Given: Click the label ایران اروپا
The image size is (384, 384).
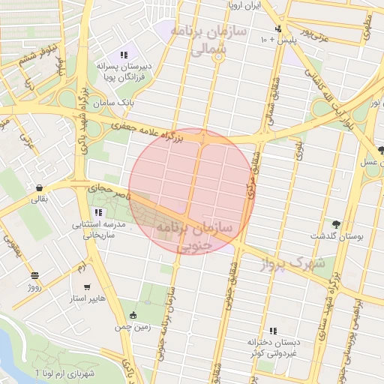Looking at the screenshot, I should [243, 5].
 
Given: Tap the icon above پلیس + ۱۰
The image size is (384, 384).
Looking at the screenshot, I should [278, 28].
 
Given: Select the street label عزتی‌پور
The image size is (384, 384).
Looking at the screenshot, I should [316, 33].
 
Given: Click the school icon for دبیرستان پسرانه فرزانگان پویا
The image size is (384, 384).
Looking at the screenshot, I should [124, 55].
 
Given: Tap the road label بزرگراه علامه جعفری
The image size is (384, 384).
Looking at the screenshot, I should [146, 131].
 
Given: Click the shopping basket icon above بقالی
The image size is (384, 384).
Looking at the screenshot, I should [38, 188].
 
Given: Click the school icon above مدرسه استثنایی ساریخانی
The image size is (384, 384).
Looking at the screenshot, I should [98, 213].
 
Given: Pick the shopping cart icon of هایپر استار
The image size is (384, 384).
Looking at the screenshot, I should [88, 286].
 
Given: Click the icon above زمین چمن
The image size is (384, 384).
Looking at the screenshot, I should [133, 315].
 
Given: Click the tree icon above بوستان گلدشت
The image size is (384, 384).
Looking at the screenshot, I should [335, 224].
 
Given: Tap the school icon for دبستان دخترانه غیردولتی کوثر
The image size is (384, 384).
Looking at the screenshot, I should [273, 330].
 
